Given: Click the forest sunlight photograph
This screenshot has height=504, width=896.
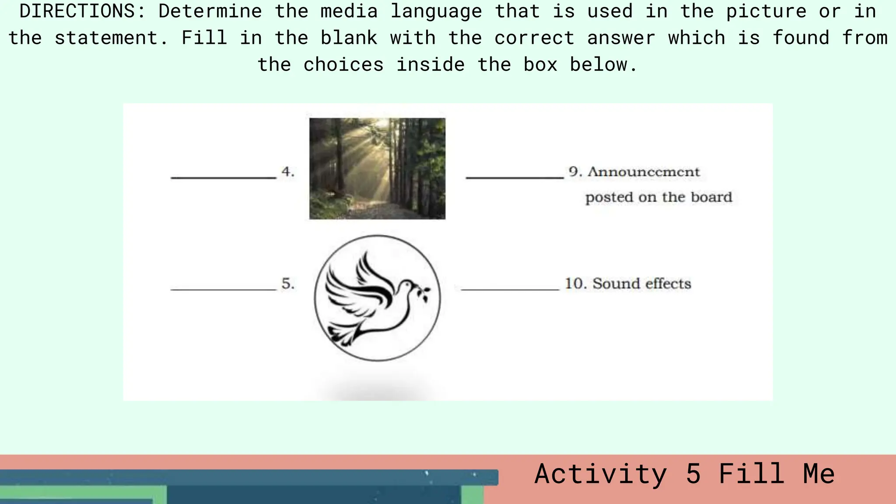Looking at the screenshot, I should coord(377,168).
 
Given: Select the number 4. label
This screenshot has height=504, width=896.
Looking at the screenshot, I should coord(288,171).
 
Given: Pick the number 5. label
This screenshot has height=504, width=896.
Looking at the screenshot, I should coord(288,283).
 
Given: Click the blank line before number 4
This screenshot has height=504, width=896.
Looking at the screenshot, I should coord(224,177).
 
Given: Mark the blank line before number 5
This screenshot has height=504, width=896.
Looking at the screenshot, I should coord(224,289).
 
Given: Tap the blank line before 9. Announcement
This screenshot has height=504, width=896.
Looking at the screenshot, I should coord(514,177).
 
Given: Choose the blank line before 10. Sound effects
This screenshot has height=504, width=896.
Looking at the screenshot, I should coord(510,289).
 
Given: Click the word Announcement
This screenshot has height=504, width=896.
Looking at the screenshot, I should coord(644,171).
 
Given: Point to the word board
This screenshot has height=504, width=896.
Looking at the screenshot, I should coord(711,197).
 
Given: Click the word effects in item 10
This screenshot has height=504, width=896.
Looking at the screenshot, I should coord(668,283).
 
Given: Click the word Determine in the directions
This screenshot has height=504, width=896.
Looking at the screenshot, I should coord(210,11).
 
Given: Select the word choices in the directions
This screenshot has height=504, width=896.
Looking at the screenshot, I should coord(343,65).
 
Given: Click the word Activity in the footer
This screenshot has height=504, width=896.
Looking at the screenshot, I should coord(601,474).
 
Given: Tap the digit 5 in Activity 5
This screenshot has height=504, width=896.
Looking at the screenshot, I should coord(693,474).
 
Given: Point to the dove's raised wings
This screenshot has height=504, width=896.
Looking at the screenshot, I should coord(363,280).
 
